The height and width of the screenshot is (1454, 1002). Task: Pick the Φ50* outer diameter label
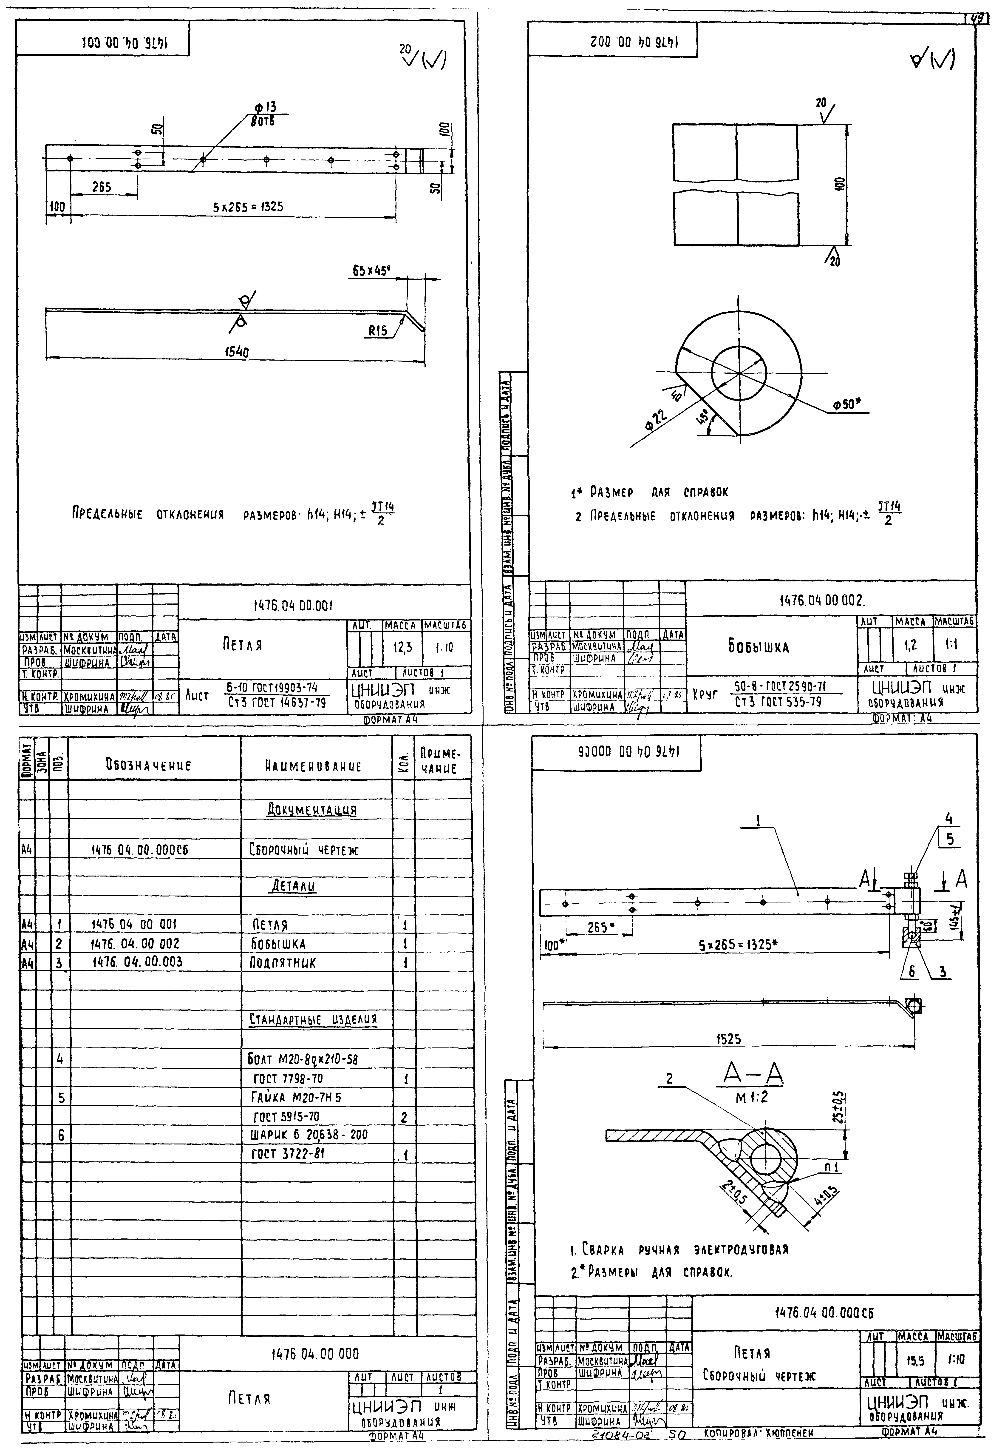[x=844, y=405]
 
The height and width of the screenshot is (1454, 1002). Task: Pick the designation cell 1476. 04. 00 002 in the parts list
[x=136, y=943]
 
